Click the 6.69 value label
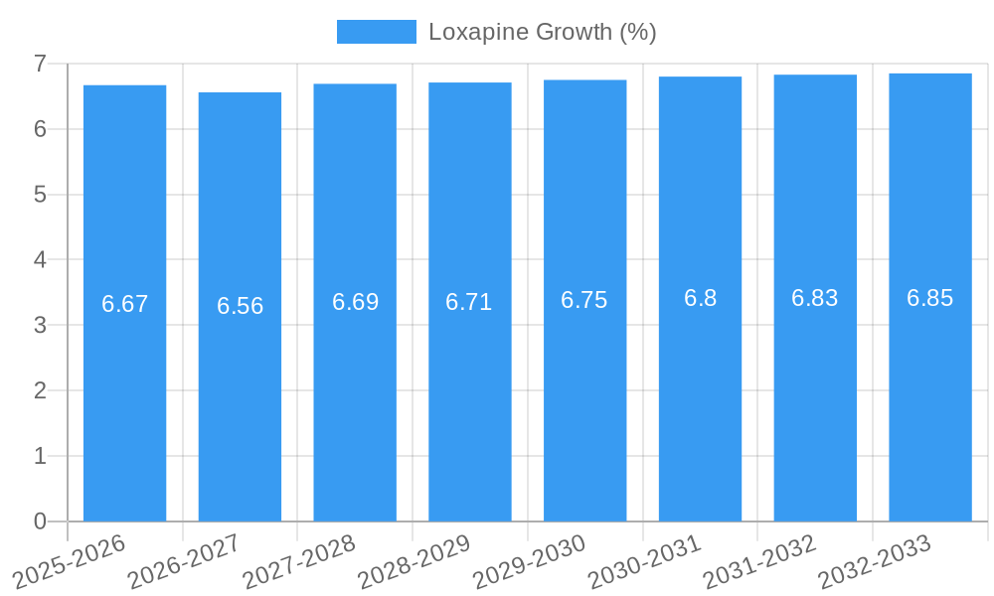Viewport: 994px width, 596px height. coord(355,302)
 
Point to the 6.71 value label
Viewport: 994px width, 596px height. coord(469,302)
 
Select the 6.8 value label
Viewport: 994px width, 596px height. coord(700,298)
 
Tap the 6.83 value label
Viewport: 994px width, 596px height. coord(815,298)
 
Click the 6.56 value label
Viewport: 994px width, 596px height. coord(240,306)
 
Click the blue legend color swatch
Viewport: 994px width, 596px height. coord(376,32)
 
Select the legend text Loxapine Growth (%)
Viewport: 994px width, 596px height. coord(543,32)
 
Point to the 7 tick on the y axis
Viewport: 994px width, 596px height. coord(40,64)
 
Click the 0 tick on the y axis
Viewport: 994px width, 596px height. coord(40,521)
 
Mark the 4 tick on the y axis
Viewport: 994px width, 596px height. coord(40,260)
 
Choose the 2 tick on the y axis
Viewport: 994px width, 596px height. coord(40,390)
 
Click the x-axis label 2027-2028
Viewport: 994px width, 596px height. coord(299,561)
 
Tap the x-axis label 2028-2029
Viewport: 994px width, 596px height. coord(414,561)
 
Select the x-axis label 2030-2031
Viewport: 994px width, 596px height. coord(644,561)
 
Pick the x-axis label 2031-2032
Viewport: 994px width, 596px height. coord(759,561)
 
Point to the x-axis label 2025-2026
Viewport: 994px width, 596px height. coord(69,561)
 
